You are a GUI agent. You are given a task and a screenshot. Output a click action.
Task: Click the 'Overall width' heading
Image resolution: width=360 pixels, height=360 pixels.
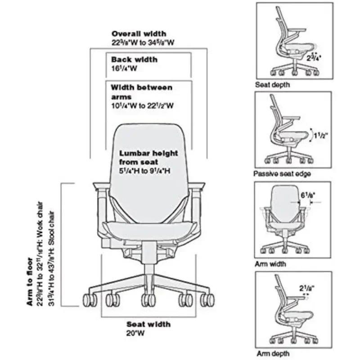pyautogui.click(x=139, y=34)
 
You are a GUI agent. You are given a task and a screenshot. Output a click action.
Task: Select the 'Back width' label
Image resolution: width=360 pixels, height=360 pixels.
pyautogui.click(x=135, y=59)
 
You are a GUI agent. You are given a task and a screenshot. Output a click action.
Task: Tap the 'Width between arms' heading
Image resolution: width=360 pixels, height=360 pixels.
pyautogui.click(x=141, y=91)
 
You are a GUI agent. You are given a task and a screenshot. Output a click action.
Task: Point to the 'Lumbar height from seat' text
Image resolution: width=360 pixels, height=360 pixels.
pyautogui.click(x=143, y=157)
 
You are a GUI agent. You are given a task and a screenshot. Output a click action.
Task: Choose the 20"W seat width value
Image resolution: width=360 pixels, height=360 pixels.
pyautogui.click(x=135, y=333)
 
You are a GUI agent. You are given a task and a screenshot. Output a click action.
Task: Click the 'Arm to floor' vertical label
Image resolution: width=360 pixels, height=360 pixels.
pyautogui.click(x=30, y=282)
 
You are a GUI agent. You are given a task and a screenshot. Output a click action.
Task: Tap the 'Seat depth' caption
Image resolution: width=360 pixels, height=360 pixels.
pyautogui.click(x=272, y=85)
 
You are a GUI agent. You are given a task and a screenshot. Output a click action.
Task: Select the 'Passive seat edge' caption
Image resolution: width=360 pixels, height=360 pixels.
pyautogui.click(x=282, y=174)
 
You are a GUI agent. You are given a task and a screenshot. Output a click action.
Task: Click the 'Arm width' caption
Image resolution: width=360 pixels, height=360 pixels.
pyautogui.click(x=270, y=264)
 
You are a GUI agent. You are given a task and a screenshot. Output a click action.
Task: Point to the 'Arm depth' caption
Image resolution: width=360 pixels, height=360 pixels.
pyautogui.click(x=273, y=354)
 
